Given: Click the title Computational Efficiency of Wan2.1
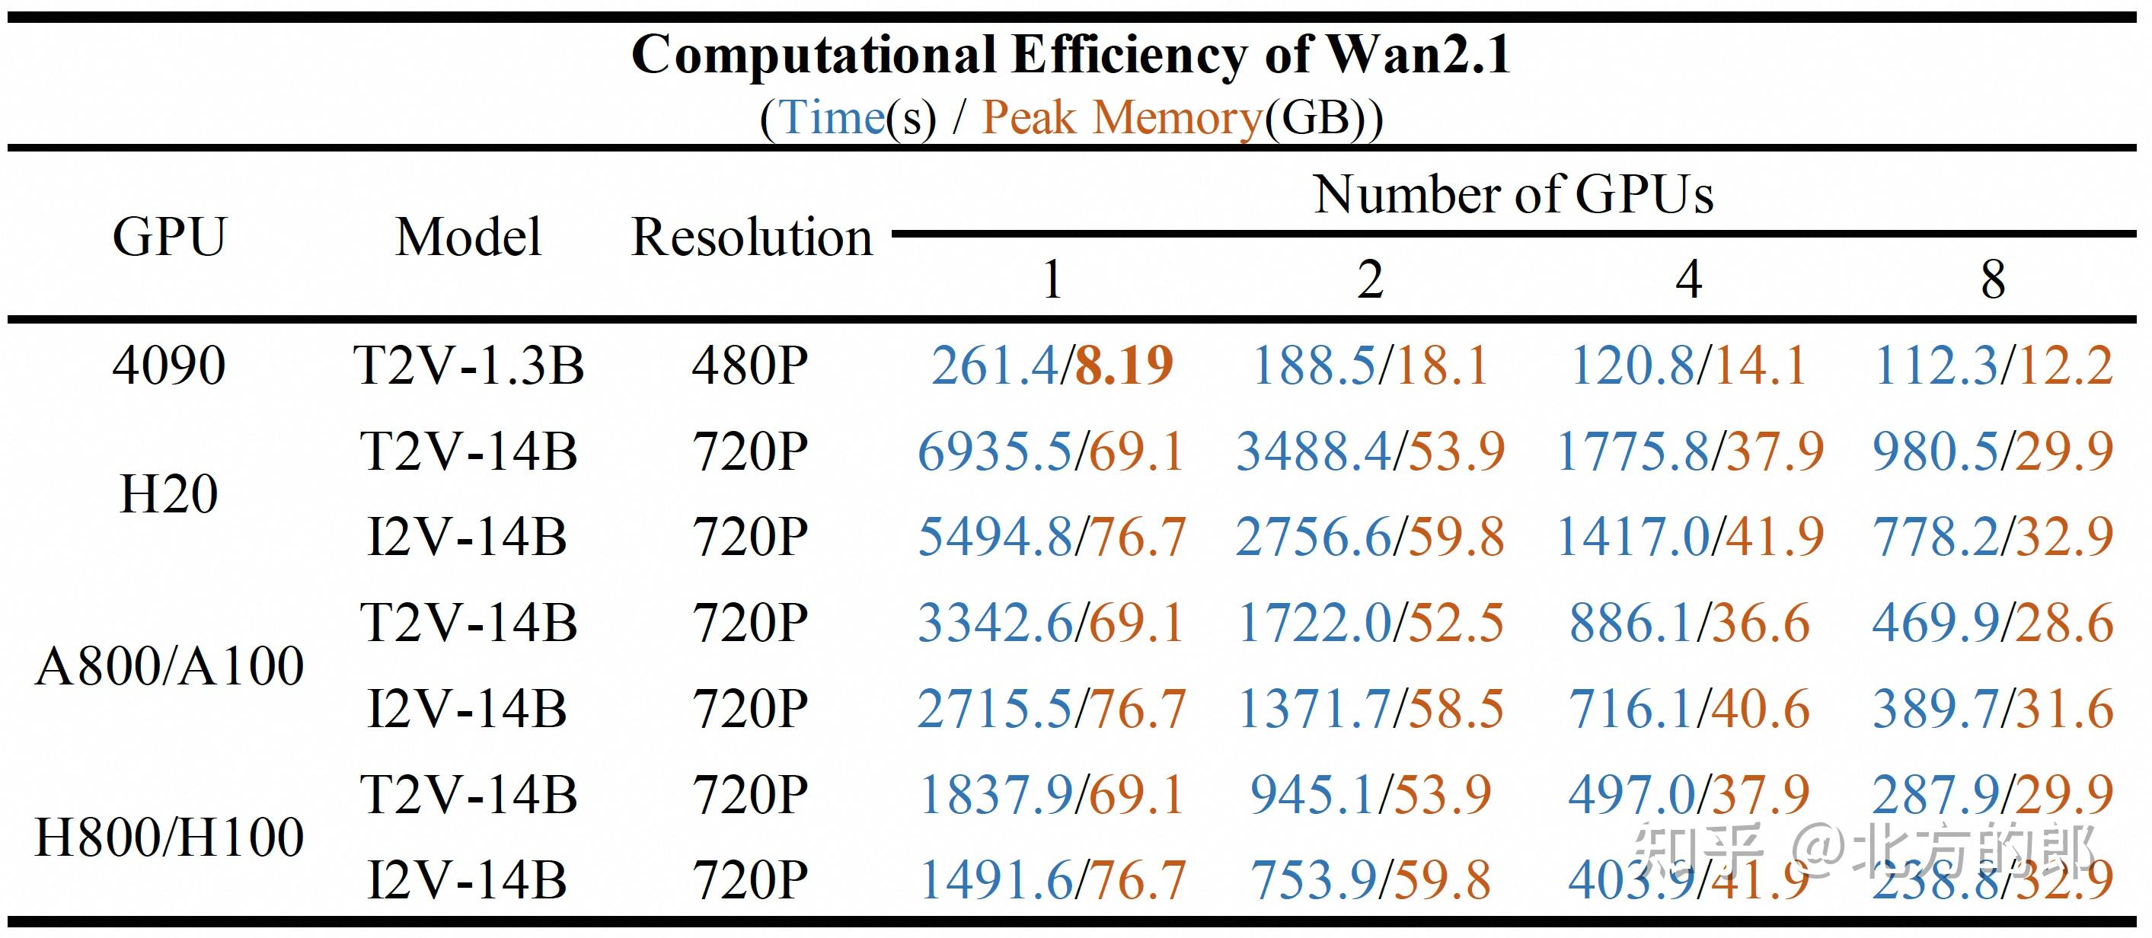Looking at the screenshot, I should pos(1070,55).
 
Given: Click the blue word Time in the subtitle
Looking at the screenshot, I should pos(832,117).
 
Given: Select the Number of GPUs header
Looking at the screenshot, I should pos(1513,195).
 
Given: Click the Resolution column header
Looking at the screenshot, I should pos(751,238).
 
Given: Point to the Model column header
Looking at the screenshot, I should pos(468,238).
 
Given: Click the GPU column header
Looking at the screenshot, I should pos(170,238).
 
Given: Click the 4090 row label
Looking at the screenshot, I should pos(170,365).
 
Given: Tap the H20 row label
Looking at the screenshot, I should pos(170,493).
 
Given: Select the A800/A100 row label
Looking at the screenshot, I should pos(170,665).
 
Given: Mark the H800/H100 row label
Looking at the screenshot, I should pos(170,837).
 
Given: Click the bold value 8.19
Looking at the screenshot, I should pos(1124,365).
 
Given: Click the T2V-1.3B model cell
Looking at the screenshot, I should pos(468,365).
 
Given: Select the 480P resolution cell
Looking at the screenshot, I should pos(750,365).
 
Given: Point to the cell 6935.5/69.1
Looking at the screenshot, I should pos(1051,452).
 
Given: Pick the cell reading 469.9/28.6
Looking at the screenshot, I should pos(1992,623).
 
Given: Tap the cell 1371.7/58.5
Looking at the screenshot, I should pos(1370,709).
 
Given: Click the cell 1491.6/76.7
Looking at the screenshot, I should pos(1051,879).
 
